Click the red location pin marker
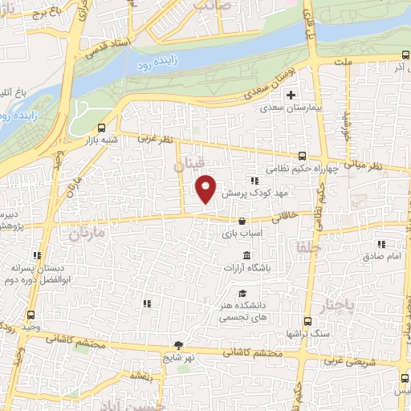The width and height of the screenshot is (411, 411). [x=206, y=188]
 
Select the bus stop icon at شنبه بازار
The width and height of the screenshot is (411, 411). [x=101, y=128]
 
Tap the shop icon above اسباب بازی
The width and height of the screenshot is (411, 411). [x=242, y=220]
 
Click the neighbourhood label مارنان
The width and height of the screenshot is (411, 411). [x=87, y=235]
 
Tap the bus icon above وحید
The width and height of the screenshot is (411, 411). [x=31, y=314]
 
